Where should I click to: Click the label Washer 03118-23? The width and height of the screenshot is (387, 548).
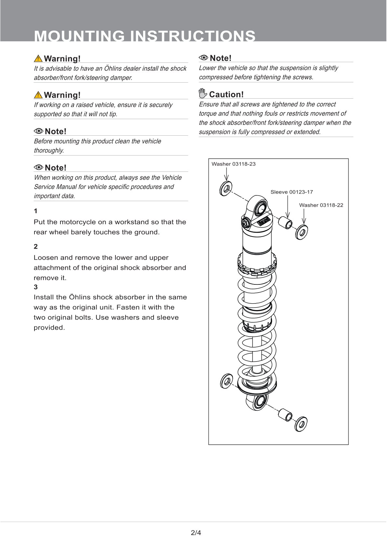(234, 164)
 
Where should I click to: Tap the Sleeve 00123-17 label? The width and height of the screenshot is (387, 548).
(291, 192)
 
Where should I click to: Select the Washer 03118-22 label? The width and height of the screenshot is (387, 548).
(321, 205)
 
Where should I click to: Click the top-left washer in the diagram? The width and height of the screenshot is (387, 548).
(226, 188)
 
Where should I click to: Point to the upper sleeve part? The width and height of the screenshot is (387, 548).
(286, 222)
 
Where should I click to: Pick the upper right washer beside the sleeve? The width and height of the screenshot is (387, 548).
(302, 232)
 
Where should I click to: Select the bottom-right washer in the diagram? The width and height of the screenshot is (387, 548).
(301, 424)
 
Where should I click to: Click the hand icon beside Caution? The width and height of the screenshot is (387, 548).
(203, 94)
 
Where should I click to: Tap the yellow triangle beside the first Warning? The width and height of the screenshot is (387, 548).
(38, 59)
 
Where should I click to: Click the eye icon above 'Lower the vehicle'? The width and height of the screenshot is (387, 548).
(203, 58)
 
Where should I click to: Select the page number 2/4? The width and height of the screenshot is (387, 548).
(196, 533)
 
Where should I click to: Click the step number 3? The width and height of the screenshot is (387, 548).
(35, 287)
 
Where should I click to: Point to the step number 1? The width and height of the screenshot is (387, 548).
(35, 211)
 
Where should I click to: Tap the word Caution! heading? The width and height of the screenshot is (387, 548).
(226, 94)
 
